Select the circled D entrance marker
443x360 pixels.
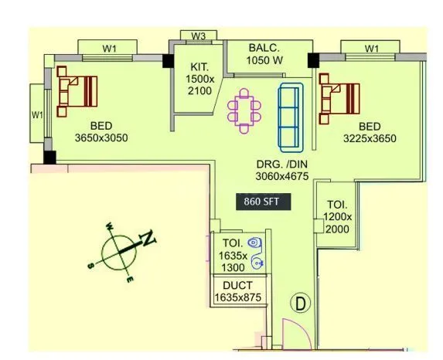pyautogui.click(x=301, y=304)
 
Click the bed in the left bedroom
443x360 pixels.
pyautogui.click(x=77, y=88)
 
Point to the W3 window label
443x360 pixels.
pyautogui.click(x=199, y=36)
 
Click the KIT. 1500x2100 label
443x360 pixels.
pyautogui.click(x=197, y=80)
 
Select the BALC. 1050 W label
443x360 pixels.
pyautogui.click(x=264, y=53)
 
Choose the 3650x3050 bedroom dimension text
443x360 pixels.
pyautogui.click(x=101, y=138)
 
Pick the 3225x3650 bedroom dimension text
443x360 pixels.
pyautogui.click(x=370, y=139)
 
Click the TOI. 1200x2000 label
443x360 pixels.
pyautogui.click(x=338, y=217)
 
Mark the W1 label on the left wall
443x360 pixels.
pyautogui.click(x=36, y=114)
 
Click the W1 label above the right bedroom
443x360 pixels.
pyautogui.click(x=372, y=49)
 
